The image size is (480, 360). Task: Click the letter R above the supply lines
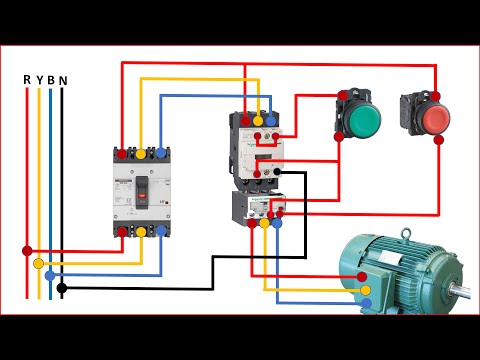pyautogui.click(x=26, y=79)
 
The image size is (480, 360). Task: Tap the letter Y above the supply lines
pyautogui.click(x=39, y=79)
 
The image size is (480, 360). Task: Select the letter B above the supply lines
pyautogui.click(x=51, y=79)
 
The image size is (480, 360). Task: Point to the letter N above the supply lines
pyautogui.click(x=63, y=79)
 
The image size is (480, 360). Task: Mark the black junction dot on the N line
pyautogui.click(x=62, y=288)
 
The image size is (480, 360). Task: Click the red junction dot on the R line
pyautogui.click(x=27, y=251)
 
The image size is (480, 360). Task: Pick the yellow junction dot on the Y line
pyautogui.click(x=39, y=263)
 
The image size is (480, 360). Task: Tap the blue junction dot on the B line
pyautogui.click(x=51, y=275)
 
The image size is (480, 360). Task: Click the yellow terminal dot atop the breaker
pyautogui.click(x=141, y=153)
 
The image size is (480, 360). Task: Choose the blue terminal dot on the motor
pyautogui.click(x=365, y=302)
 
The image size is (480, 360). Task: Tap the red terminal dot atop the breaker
pyautogui.click(x=122, y=153)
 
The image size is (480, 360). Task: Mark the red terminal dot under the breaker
pyautogui.click(x=122, y=231)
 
